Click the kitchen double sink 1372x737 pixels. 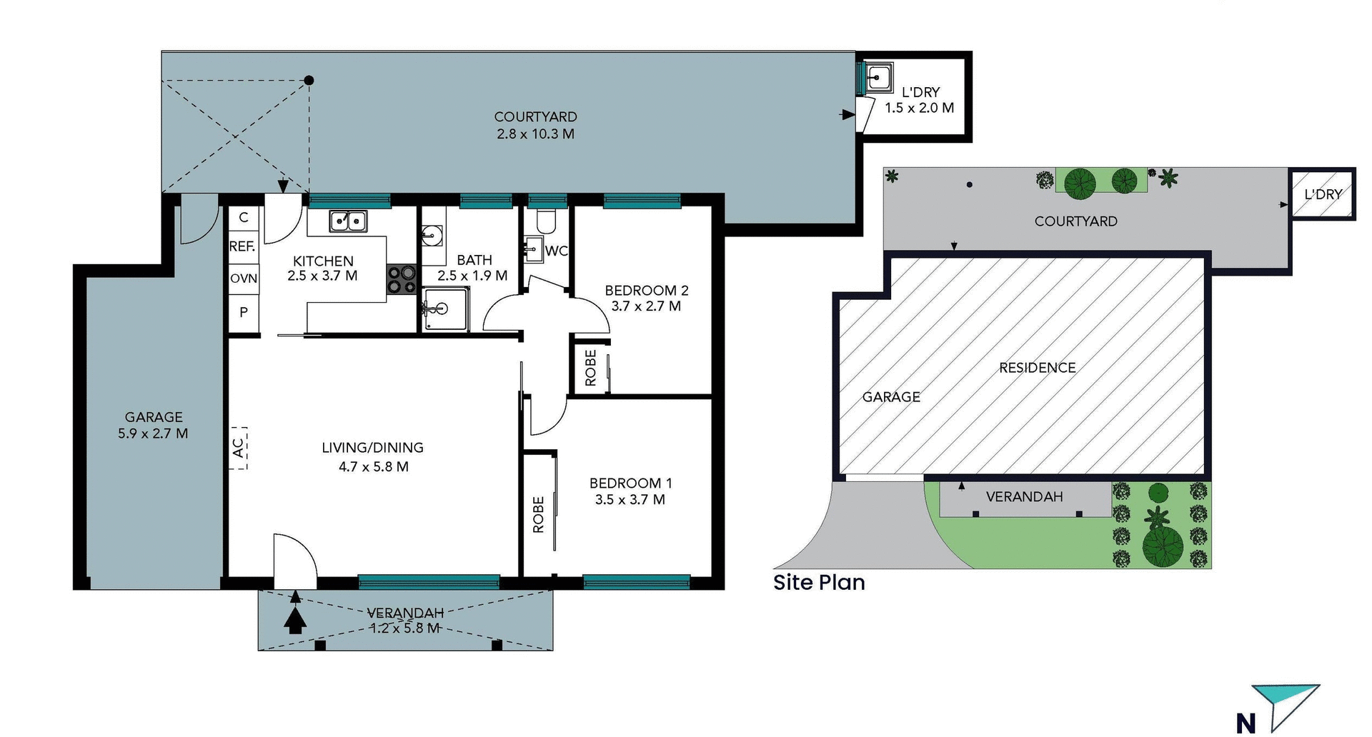[x=348, y=221]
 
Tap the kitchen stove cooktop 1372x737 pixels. [x=402, y=279]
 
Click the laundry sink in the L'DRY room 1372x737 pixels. [x=878, y=76]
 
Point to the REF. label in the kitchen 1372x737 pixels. [x=242, y=246]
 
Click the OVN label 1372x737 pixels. [x=244, y=279]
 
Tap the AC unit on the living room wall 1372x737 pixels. [x=239, y=448]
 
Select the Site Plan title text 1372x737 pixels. [x=819, y=582]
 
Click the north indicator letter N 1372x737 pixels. [x=1246, y=723]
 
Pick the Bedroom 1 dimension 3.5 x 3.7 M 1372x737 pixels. [x=630, y=500]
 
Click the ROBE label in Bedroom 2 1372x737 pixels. [x=591, y=368]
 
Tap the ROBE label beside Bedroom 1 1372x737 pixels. [x=538, y=514]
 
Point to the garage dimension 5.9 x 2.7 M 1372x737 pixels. [x=153, y=433]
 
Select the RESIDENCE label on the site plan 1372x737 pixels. [x=1037, y=368]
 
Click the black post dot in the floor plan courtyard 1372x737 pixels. [x=309, y=81]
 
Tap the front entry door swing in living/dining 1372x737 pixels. [x=295, y=561]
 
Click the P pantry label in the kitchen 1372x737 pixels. [x=244, y=312]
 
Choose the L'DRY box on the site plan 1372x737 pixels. [x=1322, y=194]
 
